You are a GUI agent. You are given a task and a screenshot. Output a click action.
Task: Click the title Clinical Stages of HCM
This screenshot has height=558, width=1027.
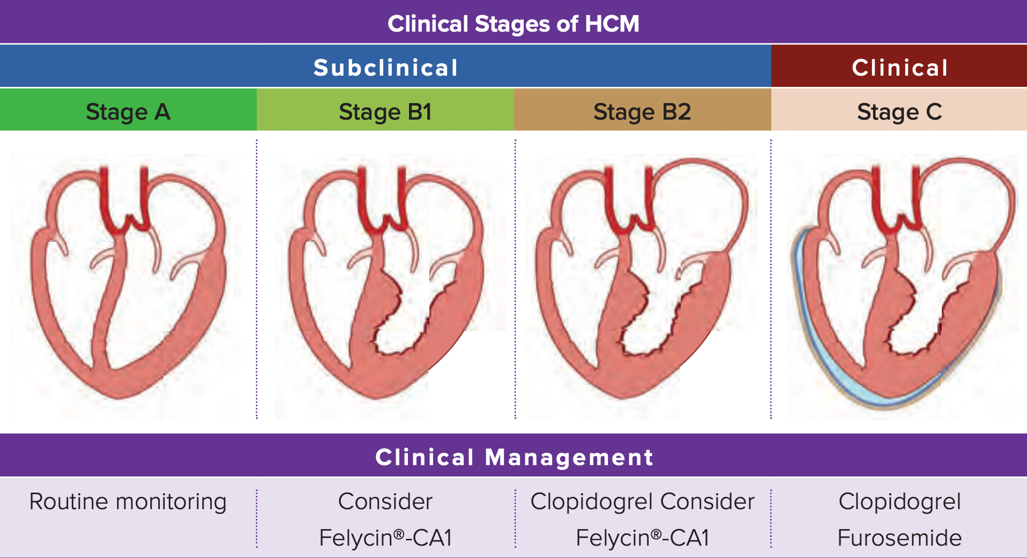[x=513, y=24]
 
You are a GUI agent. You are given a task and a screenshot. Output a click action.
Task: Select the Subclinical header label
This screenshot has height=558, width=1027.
[x=385, y=68]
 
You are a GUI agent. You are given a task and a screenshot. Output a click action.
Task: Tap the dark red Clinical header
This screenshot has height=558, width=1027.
[x=899, y=68]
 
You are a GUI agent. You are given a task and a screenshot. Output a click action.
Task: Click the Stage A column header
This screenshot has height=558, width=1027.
[x=128, y=112]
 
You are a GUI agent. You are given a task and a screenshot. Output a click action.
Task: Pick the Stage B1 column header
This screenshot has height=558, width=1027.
[x=385, y=112]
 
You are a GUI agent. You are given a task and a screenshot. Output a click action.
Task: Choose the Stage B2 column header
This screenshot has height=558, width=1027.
[x=642, y=112]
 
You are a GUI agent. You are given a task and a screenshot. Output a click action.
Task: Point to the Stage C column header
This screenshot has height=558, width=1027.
[x=899, y=112]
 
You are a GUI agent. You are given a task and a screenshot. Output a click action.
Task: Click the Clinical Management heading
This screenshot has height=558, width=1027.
[x=513, y=457]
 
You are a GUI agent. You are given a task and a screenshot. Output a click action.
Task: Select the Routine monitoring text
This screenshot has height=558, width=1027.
[x=128, y=502]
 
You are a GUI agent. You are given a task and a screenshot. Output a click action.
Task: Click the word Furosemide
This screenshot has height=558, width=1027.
[x=899, y=538]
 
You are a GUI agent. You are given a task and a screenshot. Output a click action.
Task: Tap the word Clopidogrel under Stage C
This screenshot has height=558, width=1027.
[x=899, y=502]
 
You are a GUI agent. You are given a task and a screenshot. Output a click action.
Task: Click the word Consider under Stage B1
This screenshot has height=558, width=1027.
[x=385, y=502]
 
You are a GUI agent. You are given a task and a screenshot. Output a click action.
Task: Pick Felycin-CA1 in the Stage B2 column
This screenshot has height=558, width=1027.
[x=642, y=538]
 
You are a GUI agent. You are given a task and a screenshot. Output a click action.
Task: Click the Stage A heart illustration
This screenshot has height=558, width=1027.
[x=129, y=284]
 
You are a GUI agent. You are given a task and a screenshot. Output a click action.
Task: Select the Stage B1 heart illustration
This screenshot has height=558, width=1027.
[x=386, y=284]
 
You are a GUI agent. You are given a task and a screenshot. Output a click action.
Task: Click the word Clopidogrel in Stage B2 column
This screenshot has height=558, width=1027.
[x=592, y=502]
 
